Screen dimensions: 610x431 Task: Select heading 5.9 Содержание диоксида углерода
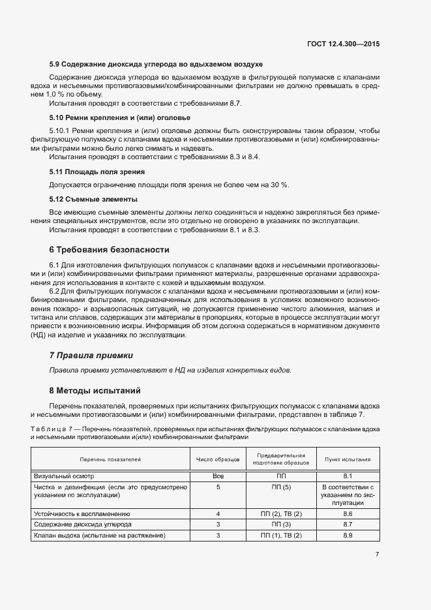(156, 65)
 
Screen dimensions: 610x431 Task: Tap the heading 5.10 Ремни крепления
(120, 118)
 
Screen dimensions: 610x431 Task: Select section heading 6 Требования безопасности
(109, 250)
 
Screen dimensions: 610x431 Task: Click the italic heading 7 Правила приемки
(91, 356)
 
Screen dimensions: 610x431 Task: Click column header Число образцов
(218, 459)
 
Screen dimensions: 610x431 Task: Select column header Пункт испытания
(348, 459)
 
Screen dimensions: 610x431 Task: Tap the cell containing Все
(218, 477)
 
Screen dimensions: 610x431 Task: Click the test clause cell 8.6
(348, 514)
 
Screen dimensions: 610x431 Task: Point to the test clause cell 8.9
(348, 536)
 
